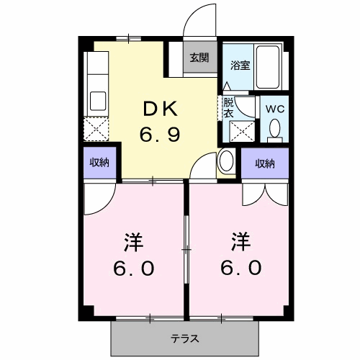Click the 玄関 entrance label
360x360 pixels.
[x=200, y=58]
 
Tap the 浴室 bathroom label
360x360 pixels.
[x=239, y=65]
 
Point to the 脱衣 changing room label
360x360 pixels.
[x=228, y=108]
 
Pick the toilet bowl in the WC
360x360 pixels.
[x=274, y=130]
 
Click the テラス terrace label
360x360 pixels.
[x=185, y=338]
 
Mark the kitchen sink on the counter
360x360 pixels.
[x=96, y=100]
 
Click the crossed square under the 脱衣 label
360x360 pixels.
[x=239, y=132]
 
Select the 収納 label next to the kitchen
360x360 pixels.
[x=99, y=163]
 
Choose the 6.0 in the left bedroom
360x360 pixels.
[x=132, y=267]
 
